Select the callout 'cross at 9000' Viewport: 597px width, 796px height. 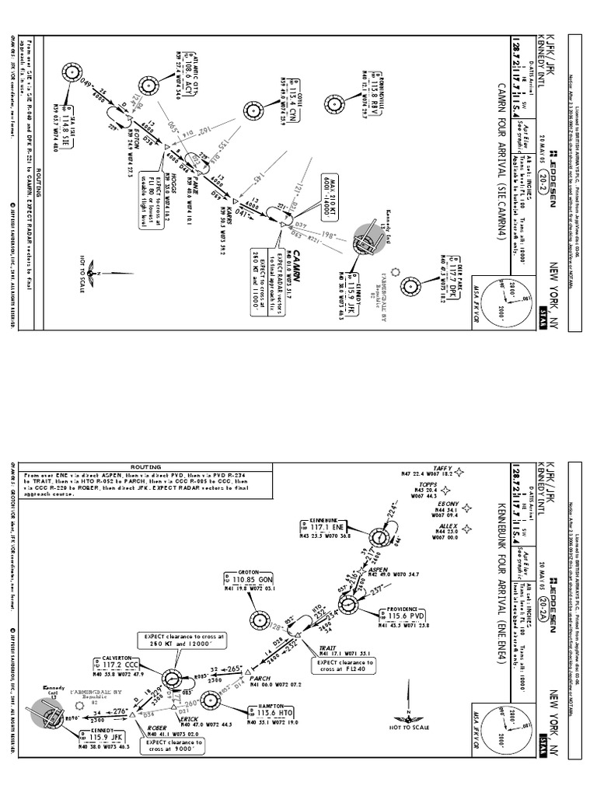[175, 748]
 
